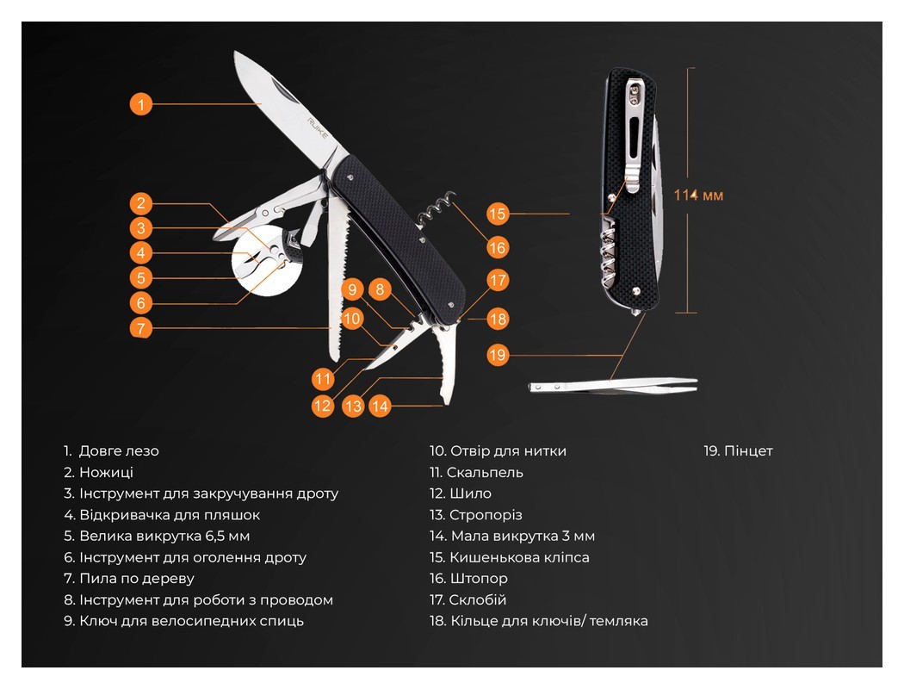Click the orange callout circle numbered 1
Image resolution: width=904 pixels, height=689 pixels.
click(141, 104)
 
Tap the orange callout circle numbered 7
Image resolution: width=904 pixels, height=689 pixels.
click(141, 328)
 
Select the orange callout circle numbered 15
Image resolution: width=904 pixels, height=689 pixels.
click(497, 214)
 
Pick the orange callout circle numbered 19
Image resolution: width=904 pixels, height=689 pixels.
click(497, 355)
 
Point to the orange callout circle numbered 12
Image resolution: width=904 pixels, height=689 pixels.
click(322, 406)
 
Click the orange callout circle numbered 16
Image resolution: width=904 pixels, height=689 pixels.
click(497, 248)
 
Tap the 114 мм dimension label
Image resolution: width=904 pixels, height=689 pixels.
click(698, 196)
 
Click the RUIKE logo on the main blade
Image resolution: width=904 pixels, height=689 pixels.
click(318, 128)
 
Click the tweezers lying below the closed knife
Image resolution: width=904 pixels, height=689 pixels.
click(613, 385)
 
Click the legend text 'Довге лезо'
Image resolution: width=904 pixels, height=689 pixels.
click(119, 451)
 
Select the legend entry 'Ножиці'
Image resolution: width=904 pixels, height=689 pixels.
click(99, 472)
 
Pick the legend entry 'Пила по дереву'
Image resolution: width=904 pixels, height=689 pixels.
click(129, 578)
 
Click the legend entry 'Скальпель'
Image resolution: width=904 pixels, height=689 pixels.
click(476, 472)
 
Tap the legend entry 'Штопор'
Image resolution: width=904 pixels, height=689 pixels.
click(468, 578)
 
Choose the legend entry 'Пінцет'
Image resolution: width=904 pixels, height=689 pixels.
click(738, 451)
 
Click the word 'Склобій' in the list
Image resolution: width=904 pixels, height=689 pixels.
click(478, 599)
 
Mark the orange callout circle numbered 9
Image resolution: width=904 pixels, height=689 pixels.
click(352, 289)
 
